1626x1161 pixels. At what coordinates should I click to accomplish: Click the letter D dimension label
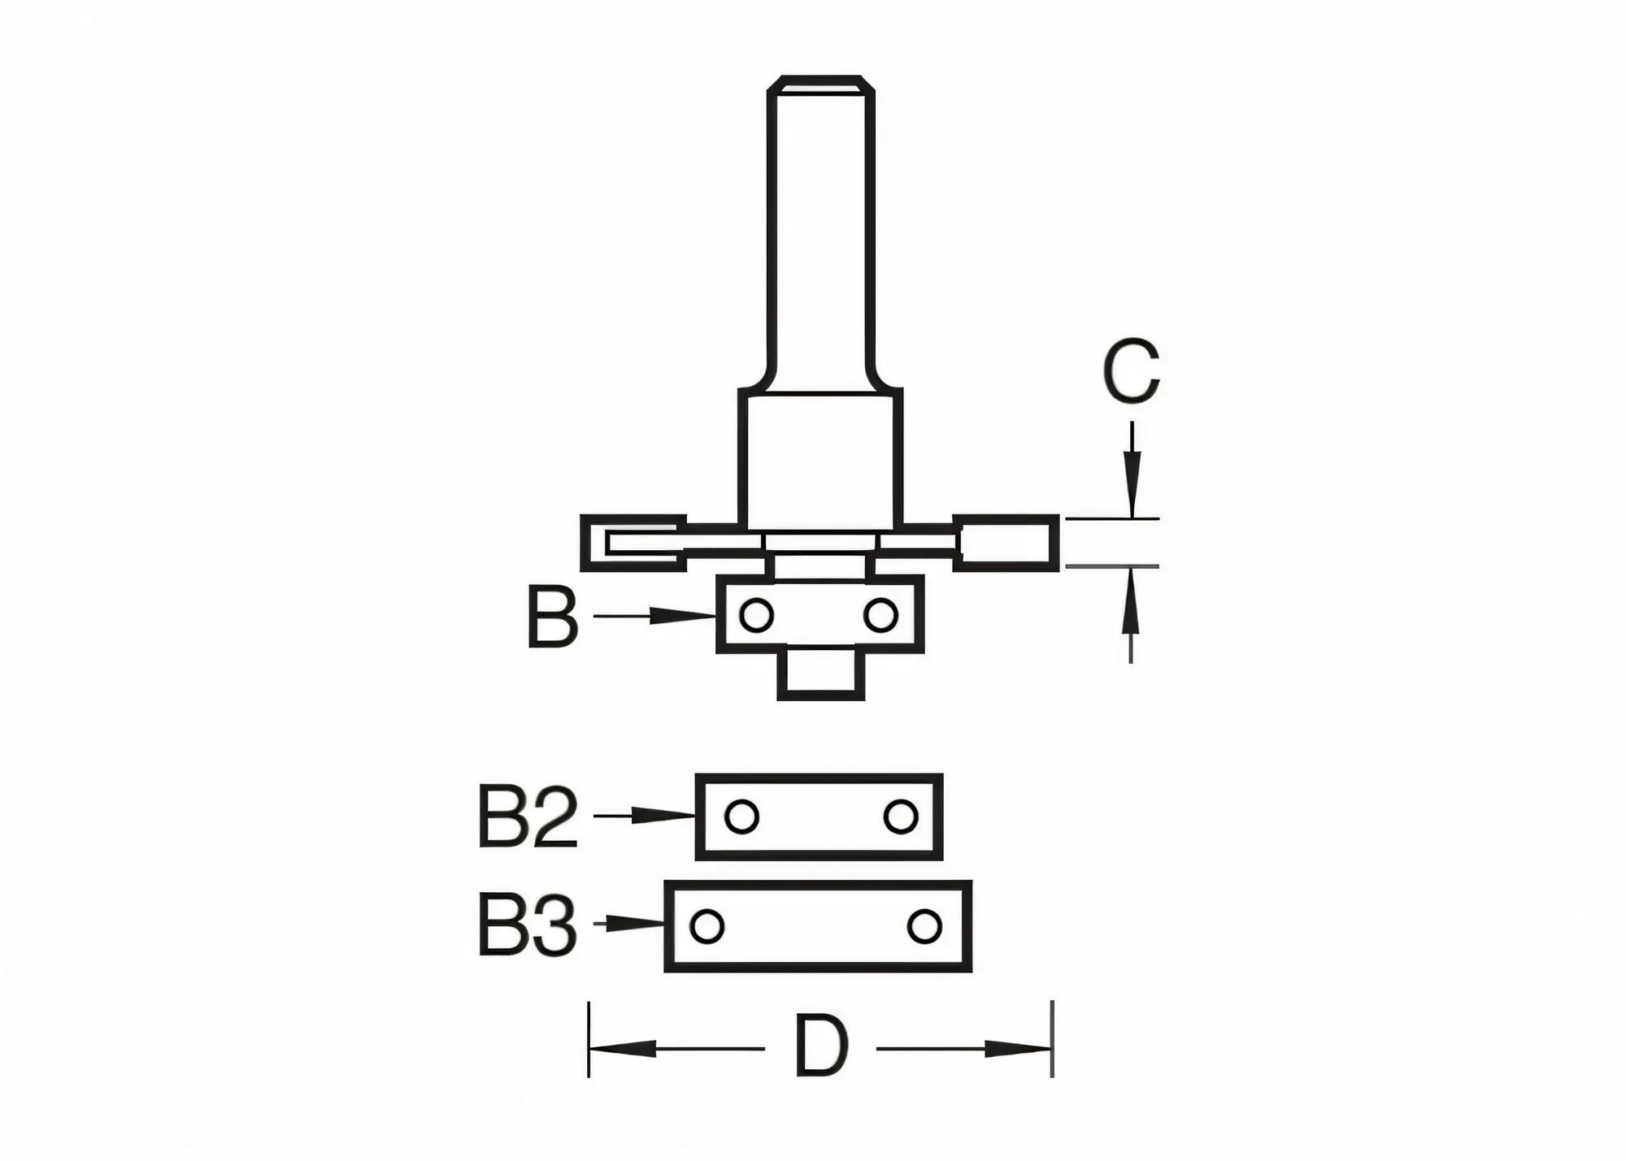point(821,1046)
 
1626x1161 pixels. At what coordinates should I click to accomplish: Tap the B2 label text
point(528,817)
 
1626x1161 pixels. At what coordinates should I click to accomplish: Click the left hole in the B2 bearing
point(741,817)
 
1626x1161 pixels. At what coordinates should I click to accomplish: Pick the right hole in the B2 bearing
point(900,817)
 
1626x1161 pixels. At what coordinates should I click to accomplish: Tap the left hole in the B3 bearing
point(706,925)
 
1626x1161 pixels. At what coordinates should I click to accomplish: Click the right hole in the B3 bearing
point(924,925)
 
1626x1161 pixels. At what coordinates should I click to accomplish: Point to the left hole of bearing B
point(756,615)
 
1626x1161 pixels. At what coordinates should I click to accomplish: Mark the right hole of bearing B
point(880,615)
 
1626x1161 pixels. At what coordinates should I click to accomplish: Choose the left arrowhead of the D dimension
point(622,1048)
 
